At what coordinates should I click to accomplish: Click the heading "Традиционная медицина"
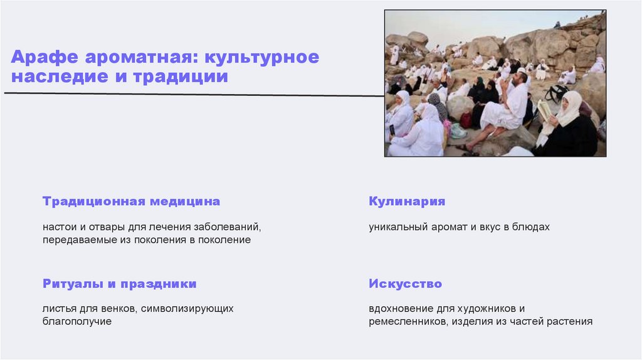pos(132,202)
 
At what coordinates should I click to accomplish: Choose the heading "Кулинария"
pos(407,202)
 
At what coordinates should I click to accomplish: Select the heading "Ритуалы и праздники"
pos(120,284)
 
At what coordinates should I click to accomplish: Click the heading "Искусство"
pos(406,284)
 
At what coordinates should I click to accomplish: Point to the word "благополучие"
pos(77,321)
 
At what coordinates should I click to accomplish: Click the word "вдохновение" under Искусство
pos(401,309)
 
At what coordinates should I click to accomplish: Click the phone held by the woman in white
pos(392,130)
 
